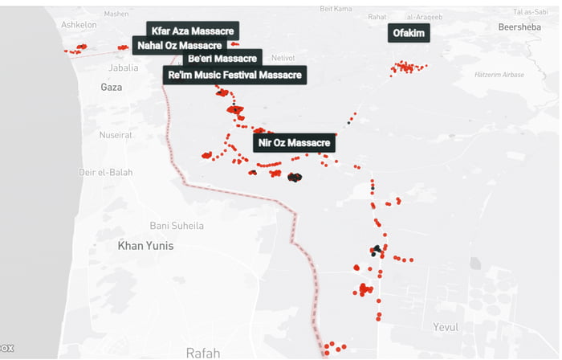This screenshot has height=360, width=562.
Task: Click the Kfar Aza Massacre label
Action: [192, 31]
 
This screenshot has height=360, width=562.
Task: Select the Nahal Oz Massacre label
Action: [179, 45]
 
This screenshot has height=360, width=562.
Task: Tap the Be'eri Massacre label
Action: [222, 59]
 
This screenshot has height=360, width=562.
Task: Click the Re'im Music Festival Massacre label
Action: [234, 76]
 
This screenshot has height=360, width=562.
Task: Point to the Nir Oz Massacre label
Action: [295, 143]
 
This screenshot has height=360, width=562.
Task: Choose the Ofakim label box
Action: [408, 33]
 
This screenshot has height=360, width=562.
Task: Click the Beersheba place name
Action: [520, 27]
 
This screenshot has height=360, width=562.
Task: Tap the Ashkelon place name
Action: [79, 25]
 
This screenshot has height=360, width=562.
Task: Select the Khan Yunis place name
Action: [145, 245]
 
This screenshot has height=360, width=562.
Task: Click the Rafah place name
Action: [202, 352]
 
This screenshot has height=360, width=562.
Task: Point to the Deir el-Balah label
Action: [106, 173]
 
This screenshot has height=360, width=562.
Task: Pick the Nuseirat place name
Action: [118, 135]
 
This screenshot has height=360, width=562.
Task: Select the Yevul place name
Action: [446, 327]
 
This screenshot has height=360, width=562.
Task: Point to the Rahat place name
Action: [377, 16]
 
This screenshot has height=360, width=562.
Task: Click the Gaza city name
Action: [111, 87]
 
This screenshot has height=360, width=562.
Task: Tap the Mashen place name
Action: [116, 14]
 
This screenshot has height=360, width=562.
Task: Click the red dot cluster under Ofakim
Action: [406, 68]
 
